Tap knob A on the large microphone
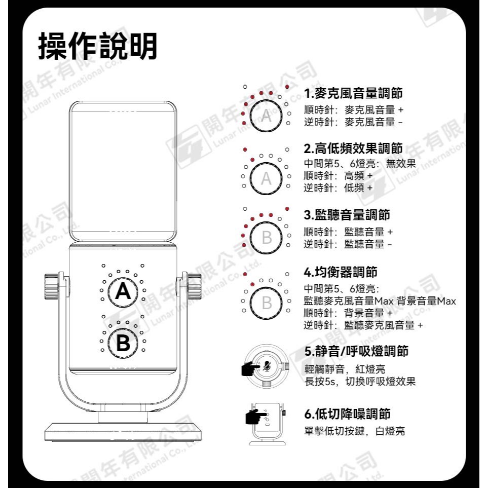(x=123, y=291)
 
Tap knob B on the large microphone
(x=123, y=343)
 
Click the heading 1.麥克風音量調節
(x=353, y=94)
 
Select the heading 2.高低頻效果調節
(x=353, y=148)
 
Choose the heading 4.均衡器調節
(x=340, y=273)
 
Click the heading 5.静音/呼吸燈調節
(x=357, y=351)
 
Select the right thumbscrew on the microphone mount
(x=194, y=286)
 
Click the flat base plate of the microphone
(x=123, y=431)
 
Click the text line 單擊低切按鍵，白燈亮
(x=354, y=431)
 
